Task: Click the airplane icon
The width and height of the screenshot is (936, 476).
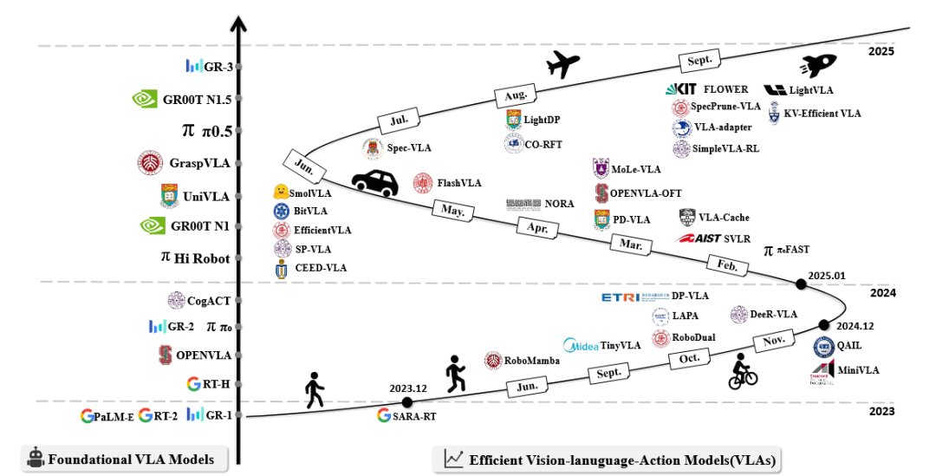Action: tap(562, 62)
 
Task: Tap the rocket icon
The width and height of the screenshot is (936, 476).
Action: tap(819, 63)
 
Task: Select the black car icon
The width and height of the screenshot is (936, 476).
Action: tap(374, 182)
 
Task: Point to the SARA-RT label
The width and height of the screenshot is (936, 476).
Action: tap(413, 415)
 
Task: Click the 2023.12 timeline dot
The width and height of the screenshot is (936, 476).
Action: tap(408, 402)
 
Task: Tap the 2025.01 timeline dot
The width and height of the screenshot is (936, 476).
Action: tap(802, 284)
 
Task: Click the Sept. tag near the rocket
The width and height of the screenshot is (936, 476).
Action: tap(699, 59)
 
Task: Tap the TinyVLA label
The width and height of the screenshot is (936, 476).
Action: tap(621, 345)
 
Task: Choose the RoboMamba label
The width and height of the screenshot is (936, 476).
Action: tap(532, 361)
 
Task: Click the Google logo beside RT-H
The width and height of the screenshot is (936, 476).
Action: tap(194, 384)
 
